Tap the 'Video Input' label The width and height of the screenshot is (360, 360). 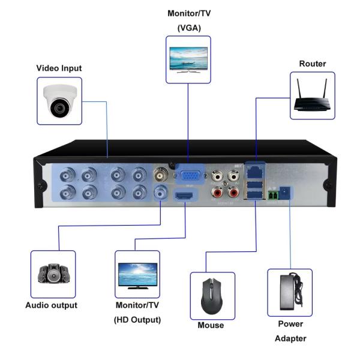[x=59, y=68]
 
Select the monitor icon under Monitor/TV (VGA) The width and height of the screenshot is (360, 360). [x=188, y=59]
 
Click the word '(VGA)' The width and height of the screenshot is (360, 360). [x=188, y=28]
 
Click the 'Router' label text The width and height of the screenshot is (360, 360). [x=313, y=64]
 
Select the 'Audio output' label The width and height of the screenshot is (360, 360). [x=52, y=305]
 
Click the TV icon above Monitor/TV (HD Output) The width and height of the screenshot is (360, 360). [x=137, y=274]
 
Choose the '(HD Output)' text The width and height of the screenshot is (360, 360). [x=137, y=320]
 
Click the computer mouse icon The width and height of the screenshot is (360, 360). [x=212, y=295]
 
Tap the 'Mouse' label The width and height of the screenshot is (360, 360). [x=211, y=325]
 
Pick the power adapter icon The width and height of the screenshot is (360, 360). [x=290, y=292]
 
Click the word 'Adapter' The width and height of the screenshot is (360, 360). [x=290, y=338]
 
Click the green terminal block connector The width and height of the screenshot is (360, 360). [x=273, y=195]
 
